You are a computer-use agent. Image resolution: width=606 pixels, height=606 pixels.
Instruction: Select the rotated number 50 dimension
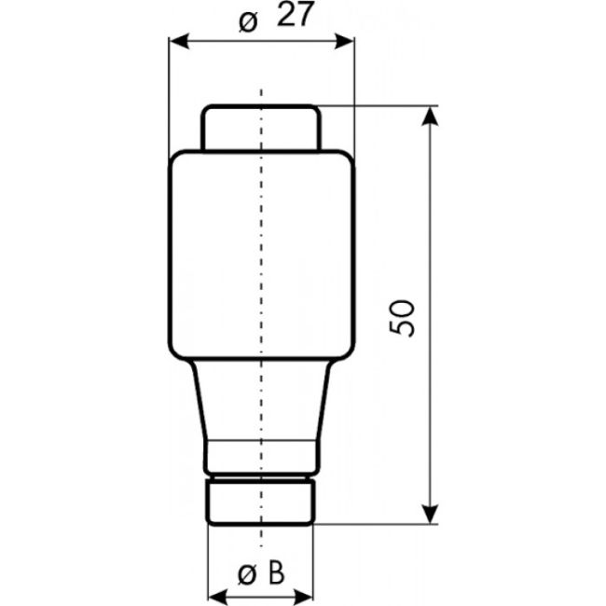tap(404, 318)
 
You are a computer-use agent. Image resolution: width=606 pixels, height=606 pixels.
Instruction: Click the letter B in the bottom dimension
tap(276, 574)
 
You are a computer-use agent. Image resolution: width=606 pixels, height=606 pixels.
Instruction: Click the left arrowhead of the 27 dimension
tap(175, 41)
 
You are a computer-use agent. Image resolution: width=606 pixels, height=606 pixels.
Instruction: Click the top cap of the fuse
tap(262, 128)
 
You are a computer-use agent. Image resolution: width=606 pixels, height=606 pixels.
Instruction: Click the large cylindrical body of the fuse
tap(262, 256)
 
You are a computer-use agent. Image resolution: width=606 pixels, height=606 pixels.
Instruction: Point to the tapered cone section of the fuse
tap(262, 401)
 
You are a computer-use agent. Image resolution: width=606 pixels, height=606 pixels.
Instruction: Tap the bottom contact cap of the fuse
tap(262, 502)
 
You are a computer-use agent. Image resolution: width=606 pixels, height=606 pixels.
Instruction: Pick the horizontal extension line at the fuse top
tap(382, 105)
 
